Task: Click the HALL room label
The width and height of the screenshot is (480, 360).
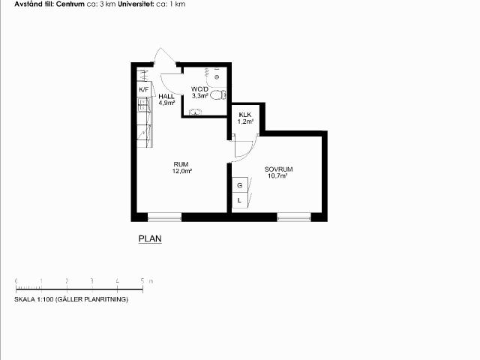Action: tap(166, 96)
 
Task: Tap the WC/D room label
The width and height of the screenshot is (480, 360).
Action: tap(199, 89)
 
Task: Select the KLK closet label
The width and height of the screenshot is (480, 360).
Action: tap(245, 115)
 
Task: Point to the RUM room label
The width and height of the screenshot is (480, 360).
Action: tap(181, 164)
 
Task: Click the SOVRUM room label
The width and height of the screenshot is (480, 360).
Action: tap(278, 169)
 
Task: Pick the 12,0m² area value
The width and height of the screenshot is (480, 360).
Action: tap(182, 171)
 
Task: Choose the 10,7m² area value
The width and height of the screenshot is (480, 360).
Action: tap(277, 176)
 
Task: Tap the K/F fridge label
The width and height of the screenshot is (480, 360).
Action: tap(143, 90)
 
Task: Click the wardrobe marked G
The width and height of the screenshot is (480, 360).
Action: tap(240, 185)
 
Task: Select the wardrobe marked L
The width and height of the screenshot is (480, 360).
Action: tap(240, 200)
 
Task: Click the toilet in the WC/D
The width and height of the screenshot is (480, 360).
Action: tap(218, 94)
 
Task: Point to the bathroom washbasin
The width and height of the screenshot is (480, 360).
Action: tap(195, 112)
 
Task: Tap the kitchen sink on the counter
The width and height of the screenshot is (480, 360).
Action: tap(143, 104)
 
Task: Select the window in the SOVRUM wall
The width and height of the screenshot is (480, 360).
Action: tap(294, 217)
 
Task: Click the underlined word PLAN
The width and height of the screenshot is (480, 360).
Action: tap(150, 238)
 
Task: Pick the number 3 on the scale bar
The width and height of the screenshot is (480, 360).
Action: tap(91, 280)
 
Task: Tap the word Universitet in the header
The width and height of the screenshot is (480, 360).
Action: tap(136, 4)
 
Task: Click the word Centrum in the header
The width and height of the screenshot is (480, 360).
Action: tap(70, 4)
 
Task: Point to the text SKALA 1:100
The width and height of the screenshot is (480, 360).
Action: tap(34, 299)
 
